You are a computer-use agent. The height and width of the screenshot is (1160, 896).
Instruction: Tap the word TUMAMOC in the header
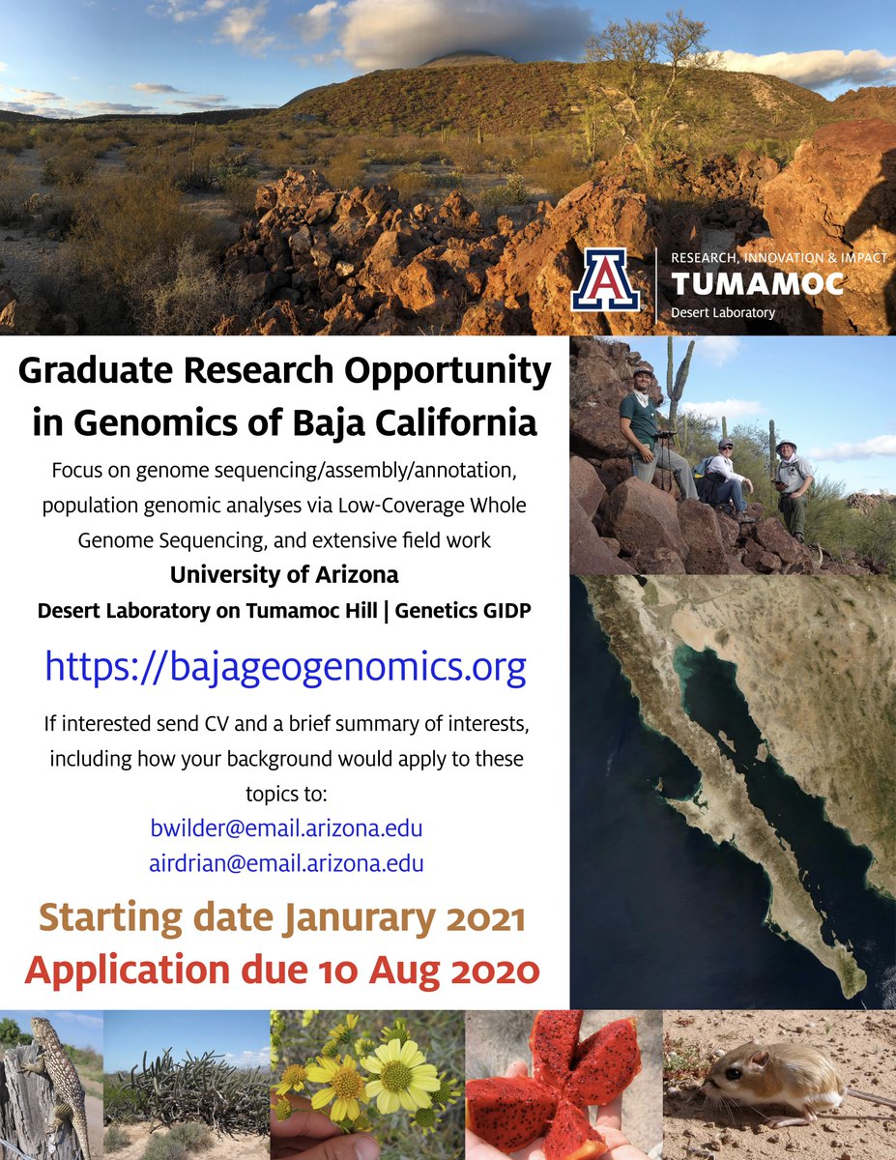tap(757, 284)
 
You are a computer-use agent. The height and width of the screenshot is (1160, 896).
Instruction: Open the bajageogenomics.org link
tap(285, 667)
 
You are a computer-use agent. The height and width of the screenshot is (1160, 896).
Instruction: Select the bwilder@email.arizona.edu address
tap(286, 828)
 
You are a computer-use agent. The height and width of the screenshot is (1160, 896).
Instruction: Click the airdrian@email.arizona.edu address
tap(286, 863)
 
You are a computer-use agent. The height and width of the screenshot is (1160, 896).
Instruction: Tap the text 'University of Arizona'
tap(284, 574)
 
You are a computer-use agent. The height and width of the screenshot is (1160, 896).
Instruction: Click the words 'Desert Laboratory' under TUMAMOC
tap(722, 312)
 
